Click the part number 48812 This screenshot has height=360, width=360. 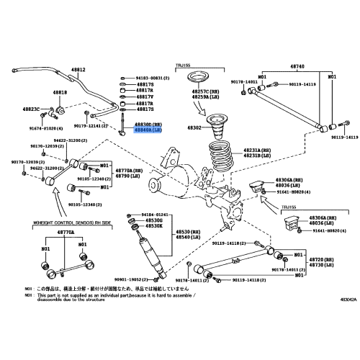(x=78, y=70)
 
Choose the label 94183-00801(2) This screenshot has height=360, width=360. (x=153, y=77)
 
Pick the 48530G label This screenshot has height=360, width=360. (x=150, y=220)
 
